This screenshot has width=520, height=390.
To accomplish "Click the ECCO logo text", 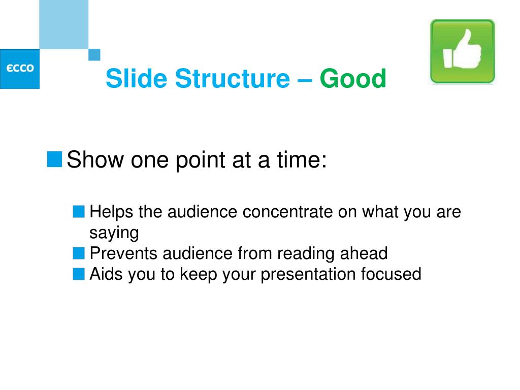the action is (20, 69).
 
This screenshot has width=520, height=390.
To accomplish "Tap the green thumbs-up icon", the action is (462, 51).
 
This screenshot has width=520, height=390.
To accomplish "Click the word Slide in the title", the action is (136, 78).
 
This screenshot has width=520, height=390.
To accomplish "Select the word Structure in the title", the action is (233, 79).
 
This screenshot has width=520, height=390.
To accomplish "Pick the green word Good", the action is (353, 79).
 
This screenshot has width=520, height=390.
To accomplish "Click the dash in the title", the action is (305, 80).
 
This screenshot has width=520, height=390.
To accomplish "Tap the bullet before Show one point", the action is (54, 159).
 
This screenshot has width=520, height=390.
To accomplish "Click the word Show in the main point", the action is (95, 159).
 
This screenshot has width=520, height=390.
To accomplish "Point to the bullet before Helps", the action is (79, 212).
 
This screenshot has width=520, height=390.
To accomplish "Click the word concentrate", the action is (287, 212).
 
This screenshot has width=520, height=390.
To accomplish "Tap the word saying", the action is (114, 233).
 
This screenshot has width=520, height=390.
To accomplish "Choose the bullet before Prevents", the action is (79, 253).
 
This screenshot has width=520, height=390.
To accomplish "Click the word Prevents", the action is (123, 253).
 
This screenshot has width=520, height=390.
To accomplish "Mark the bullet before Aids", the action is (79, 274).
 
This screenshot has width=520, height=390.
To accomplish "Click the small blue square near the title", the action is (94, 55).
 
